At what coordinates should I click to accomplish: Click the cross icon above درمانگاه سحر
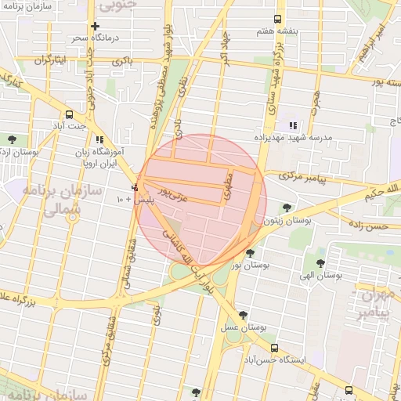point(96,27)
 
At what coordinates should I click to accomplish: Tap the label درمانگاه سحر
point(89,38)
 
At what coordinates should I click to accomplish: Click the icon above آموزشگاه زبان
point(99,139)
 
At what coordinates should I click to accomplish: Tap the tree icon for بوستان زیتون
point(287,208)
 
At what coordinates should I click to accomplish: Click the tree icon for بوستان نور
point(250,253)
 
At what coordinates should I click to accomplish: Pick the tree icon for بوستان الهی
point(320,263)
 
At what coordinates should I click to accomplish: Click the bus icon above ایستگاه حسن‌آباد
point(273,349)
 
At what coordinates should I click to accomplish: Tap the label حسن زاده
point(369,226)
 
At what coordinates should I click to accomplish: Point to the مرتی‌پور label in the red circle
point(173,190)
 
